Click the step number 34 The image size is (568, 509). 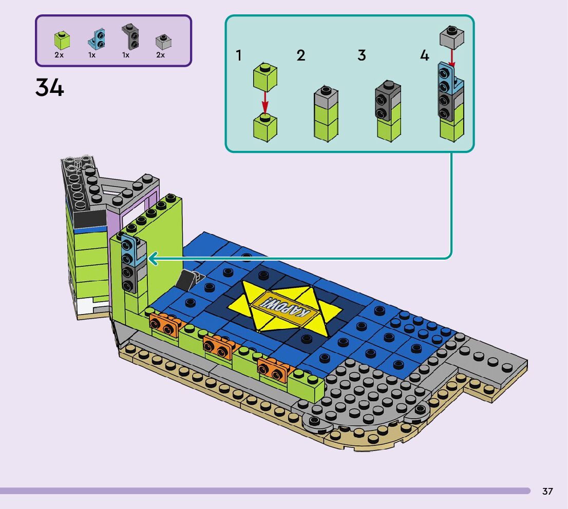click(50, 88)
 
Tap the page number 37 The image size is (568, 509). click(547, 491)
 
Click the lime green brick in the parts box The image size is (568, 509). click(62, 40)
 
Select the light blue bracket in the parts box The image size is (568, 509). click(97, 38)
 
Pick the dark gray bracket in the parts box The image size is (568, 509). click(130, 36)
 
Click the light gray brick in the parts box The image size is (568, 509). click(163, 42)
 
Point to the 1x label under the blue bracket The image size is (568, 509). click(92, 55)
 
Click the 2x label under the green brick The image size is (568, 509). click(59, 55)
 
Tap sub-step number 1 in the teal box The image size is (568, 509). click(238, 55)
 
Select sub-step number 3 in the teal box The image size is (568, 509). click(362, 55)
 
